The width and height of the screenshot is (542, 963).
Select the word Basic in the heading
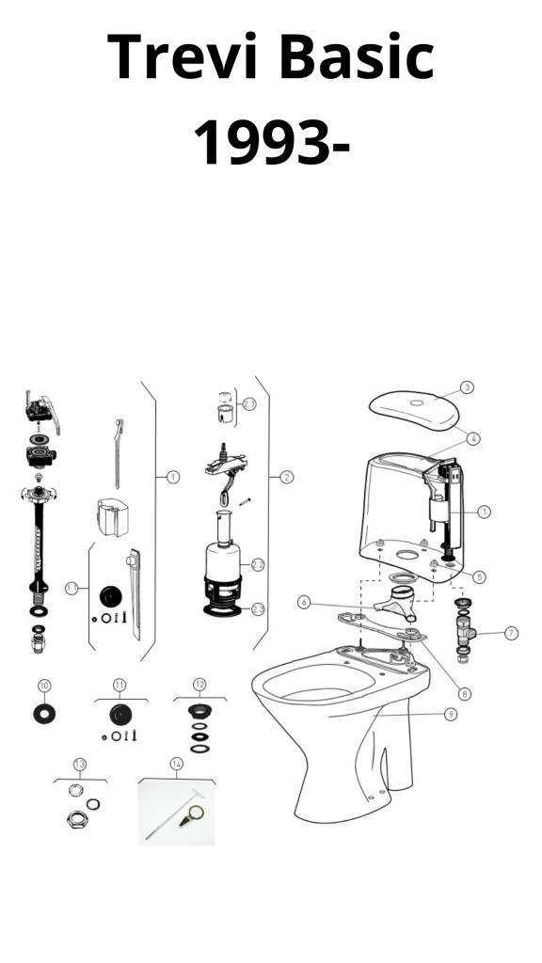coord(357,55)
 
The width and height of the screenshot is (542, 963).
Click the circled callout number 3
coord(467,387)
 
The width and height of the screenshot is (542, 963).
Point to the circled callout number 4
coord(472,438)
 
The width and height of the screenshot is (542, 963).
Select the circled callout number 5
coord(479,576)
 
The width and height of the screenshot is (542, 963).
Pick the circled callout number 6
coord(304,603)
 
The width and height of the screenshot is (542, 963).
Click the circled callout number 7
coord(511,633)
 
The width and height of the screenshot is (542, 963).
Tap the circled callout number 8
coord(464,694)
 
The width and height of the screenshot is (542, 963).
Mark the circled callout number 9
coord(451,715)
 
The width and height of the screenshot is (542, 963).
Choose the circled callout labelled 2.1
coord(248,404)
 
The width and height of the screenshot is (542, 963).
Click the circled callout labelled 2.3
coord(258,609)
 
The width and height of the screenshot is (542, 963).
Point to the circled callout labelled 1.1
coord(72,589)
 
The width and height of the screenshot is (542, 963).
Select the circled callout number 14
coord(176,764)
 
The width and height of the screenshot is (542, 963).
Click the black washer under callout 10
coord(44,714)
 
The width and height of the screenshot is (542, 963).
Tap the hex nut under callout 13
coord(77,819)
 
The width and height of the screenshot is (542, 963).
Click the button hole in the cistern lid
coord(417,403)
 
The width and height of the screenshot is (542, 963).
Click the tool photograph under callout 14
coord(176,813)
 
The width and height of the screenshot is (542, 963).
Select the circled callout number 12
coord(199,685)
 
